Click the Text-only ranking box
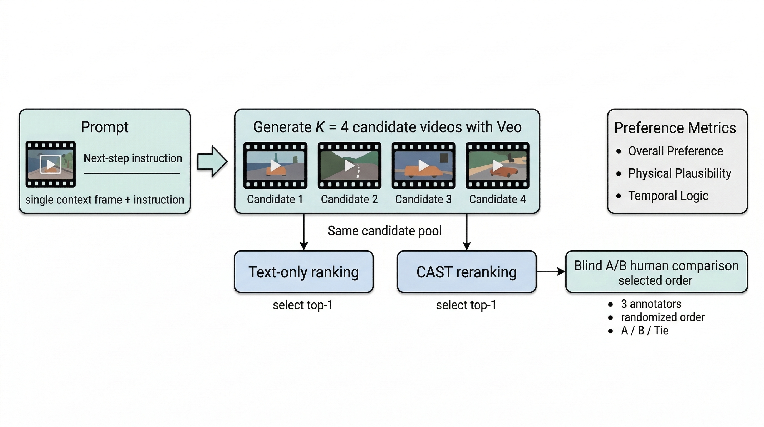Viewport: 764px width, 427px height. point(303,272)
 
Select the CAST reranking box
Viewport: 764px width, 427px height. point(466,272)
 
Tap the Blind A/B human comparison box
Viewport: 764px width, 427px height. point(656,272)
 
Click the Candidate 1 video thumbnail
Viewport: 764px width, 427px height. point(275,165)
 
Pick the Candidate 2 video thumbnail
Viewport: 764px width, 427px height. point(349,165)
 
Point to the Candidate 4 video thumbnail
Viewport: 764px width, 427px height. point(497,165)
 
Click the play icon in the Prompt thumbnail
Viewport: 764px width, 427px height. point(51,164)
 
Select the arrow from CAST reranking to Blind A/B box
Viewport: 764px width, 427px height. point(551,271)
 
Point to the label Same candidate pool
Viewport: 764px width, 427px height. point(384,231)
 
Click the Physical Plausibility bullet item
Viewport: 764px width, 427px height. point(679,173)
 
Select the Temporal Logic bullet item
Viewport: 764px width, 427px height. point(668,196)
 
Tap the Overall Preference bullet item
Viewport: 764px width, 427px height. point(675,151)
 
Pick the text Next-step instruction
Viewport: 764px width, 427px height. point(133,158)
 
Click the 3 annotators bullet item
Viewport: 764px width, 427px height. point(651,304)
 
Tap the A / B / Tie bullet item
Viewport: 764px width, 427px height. point(644,331)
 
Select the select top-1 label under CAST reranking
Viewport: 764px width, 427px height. point(466,305)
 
